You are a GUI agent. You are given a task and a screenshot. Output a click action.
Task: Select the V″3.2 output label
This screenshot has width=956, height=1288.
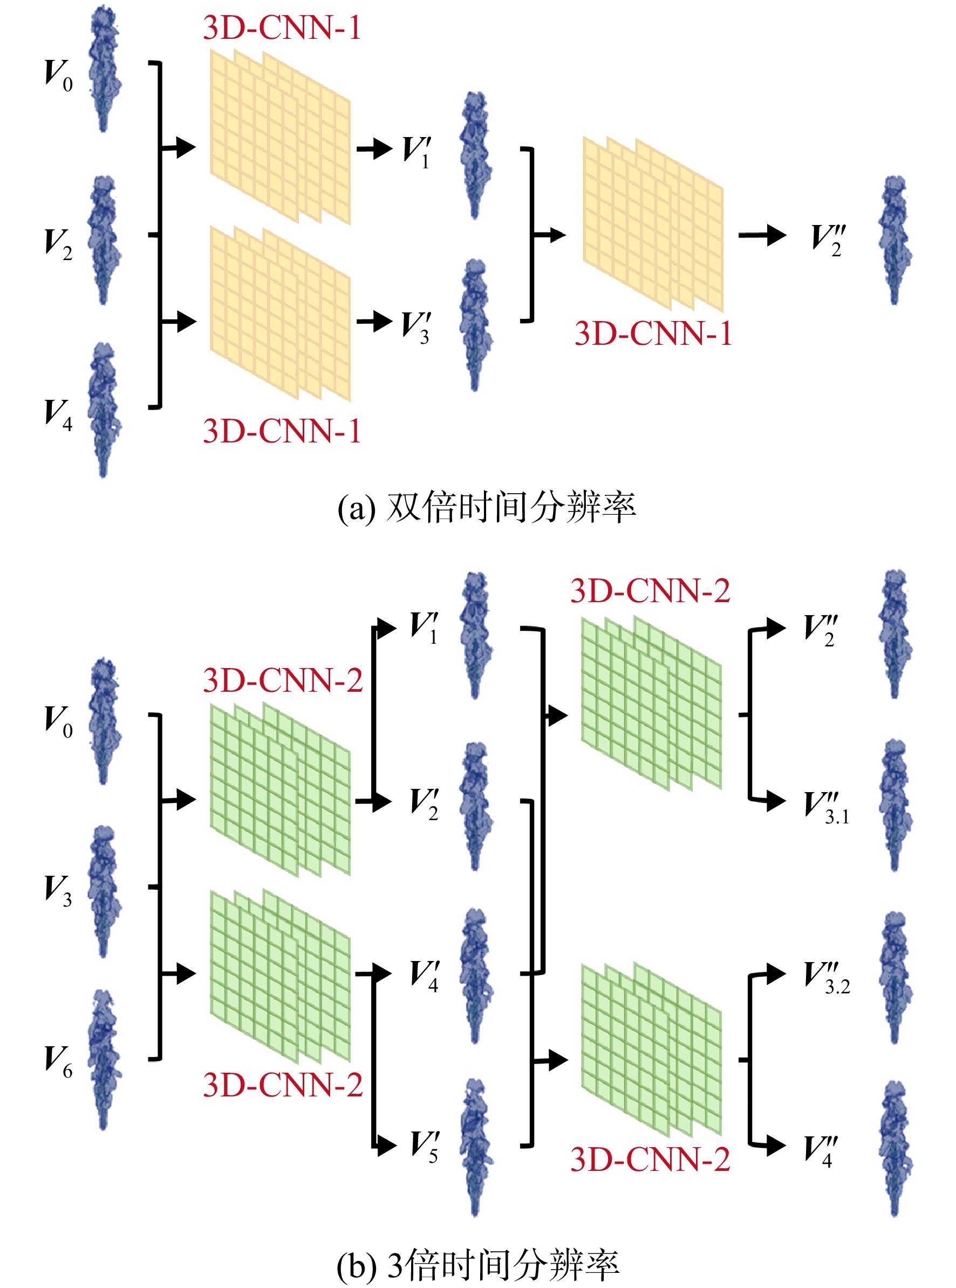[827, 978]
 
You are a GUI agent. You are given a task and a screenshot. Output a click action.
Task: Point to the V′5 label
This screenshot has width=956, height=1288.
[424, 1146]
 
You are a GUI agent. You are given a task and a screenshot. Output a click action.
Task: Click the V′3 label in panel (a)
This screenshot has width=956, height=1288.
[416, 328]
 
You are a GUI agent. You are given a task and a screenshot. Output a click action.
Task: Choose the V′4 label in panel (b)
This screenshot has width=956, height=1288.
[424, 976]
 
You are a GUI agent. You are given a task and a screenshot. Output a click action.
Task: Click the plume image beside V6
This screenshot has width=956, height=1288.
[104, 1059]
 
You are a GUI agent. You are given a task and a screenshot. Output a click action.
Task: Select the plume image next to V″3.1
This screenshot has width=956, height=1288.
[894, 805]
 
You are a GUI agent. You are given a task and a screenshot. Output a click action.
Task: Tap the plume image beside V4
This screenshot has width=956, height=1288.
[104, 410]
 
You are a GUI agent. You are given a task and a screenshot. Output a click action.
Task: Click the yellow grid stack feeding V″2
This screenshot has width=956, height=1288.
[653, 224]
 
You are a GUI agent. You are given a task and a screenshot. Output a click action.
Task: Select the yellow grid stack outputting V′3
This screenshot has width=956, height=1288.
[280, 313]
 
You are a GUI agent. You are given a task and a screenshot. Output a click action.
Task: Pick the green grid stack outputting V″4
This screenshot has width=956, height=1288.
[652, 1050]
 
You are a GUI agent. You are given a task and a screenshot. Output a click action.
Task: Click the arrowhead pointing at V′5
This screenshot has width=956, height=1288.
[387, 1145]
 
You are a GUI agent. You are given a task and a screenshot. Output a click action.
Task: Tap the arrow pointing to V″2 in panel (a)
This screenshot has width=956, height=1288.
[762, 235]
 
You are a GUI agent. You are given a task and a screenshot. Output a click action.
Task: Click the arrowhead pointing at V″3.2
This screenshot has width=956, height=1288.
[776, 974]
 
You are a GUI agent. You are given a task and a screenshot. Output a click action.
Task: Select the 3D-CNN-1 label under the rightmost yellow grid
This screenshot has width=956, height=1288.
[653, 334]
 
